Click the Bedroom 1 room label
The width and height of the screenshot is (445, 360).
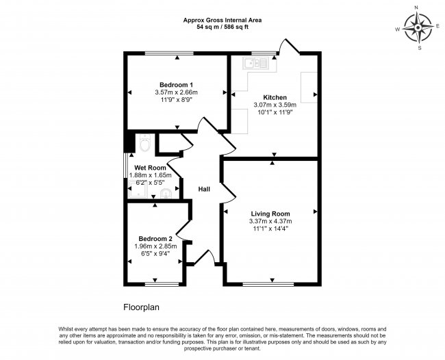tap(176, 85)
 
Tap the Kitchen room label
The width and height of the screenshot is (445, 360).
tap(275, 97)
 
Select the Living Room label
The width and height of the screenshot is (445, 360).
tap(270, 214)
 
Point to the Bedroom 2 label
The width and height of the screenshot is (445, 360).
tap(155, 239)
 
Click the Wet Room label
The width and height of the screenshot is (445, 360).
tap(150, 168)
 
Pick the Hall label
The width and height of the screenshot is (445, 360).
tap(204, 189)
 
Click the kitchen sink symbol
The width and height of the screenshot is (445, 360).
tap(255, 63)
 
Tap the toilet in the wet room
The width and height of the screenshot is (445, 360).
tap(145, 142)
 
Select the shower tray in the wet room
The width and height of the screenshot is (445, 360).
tap(138, 190)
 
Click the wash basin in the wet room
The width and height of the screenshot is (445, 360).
tap(166, 194)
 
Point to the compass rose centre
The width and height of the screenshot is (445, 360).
tap(418, 28)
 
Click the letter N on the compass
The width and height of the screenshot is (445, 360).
tap(416, 16)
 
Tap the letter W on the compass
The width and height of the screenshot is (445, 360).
tap(398, 29)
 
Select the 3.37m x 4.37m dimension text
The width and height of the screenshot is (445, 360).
tap(270, 221)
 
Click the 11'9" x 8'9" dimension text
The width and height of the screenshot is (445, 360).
tap(176, 99)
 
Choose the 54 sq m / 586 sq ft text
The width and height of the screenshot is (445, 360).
tap(222, 27)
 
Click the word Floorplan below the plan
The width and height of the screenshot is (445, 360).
tap(141, 307)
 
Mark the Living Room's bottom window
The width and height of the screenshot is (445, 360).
tap(268, 284)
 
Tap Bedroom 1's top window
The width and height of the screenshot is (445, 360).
tap(169, 53)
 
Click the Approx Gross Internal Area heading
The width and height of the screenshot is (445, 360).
tap(222, 21)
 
